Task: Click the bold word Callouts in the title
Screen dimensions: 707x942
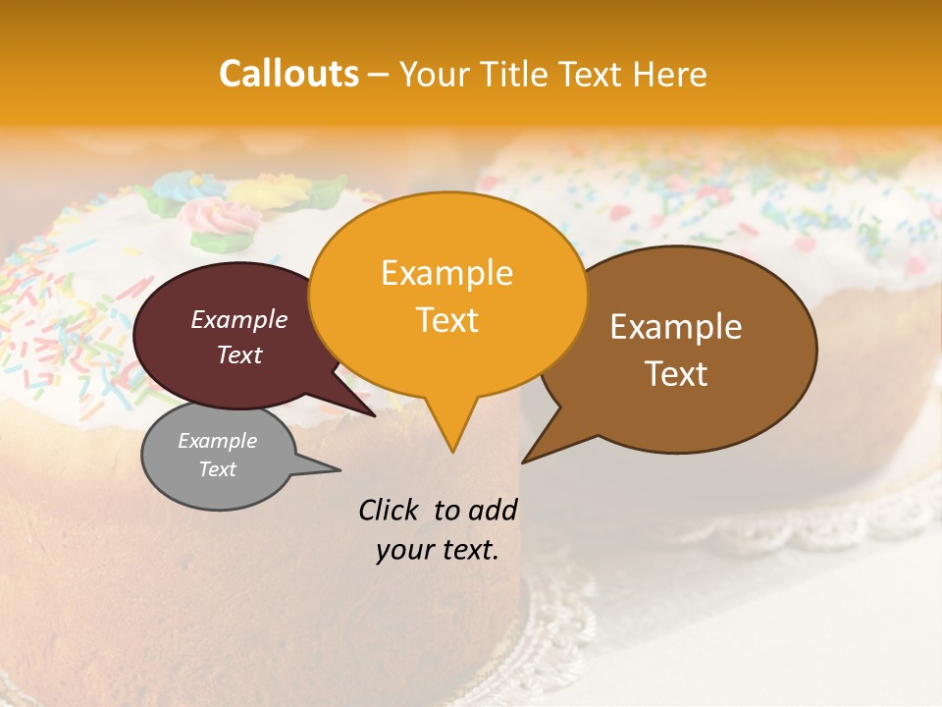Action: pyautogui.click(x=288, y=74)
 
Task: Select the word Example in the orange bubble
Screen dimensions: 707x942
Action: pyautogui.click(x=446, y=273)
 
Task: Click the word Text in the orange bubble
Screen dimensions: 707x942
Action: pyautogui.click(x=446, y=319)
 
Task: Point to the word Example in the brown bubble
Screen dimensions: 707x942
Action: pyautogui.click(x=676, y=327)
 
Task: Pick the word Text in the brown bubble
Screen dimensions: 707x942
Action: pyautogui.click(x=676, y=373)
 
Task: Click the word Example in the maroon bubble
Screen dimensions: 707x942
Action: pyautogui.click(x=238, y=319)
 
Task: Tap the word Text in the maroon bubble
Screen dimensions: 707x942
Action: pyautogui.click(x=238, y=354)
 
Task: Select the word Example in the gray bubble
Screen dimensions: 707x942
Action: pyautogui.click(x=217, y=441)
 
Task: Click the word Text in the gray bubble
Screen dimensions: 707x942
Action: pyautogui.click(x=217, y=469)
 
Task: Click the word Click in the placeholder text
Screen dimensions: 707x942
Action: pyautogui.click(x=391, y=510)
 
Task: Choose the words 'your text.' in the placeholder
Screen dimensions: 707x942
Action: pyautogui.click(x=437, y=550)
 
